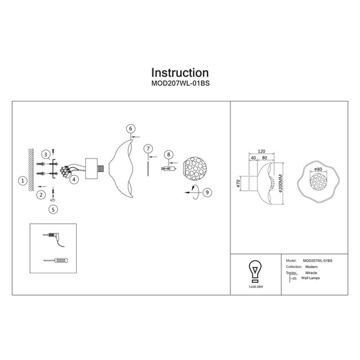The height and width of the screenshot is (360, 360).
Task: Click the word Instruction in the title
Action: (180, 73)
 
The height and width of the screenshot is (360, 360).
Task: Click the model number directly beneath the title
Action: (180, 85)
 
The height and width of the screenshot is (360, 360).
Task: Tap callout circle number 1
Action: (22, 180)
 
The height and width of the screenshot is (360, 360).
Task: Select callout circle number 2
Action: (41, 195)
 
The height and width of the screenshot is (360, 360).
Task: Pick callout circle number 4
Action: (74, 179)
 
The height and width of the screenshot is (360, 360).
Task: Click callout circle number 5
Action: (53, 209)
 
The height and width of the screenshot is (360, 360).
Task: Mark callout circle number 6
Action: (131, 128)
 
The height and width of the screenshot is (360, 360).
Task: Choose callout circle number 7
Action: (147, 148)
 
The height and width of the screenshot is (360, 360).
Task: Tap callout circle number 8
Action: (169, 155)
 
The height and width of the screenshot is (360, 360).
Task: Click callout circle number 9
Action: (206, 193)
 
